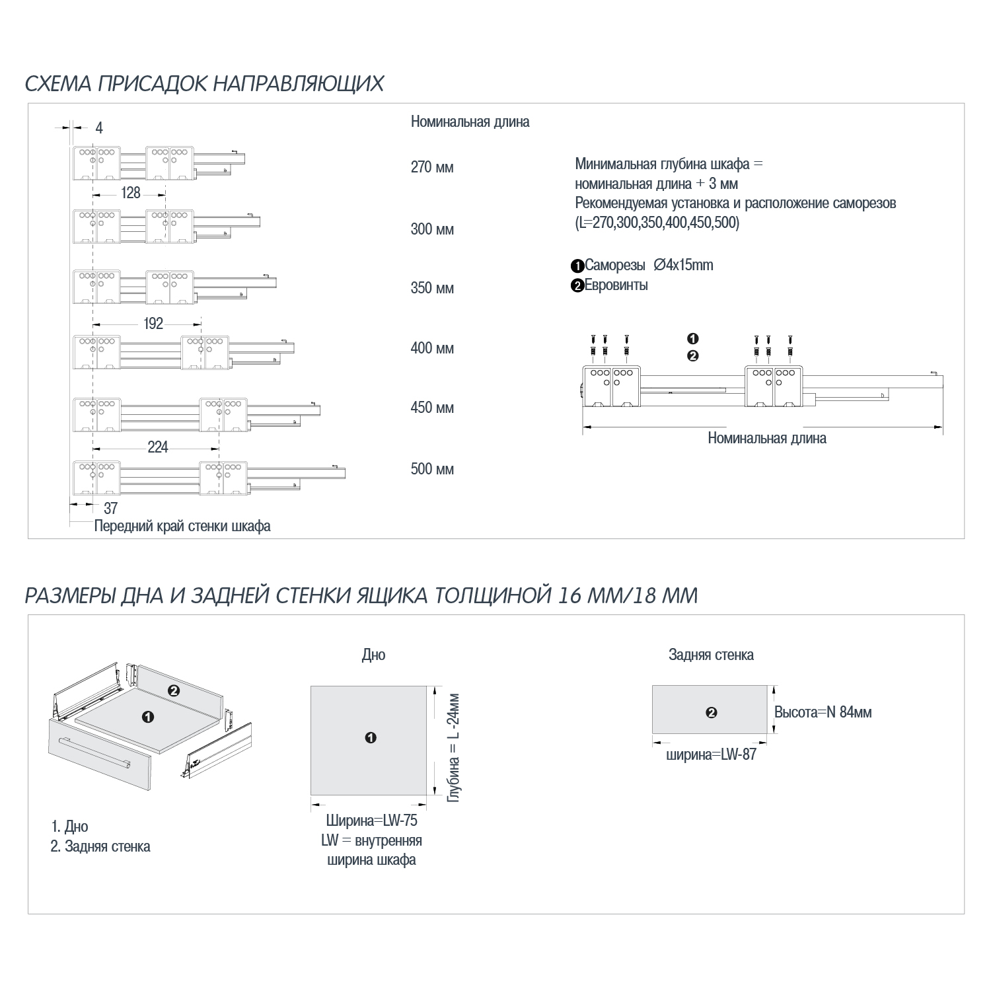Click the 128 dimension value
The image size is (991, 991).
(x=131, y=192)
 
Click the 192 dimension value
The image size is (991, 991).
(x=153, y=323)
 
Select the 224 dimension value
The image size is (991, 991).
(x=158, y=447)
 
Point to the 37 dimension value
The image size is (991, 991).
(x=110, y=507)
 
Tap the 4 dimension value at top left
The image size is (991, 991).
(x=99, y=128)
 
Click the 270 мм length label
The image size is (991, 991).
(x=432, y=167)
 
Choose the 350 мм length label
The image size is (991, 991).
(x=432, y=288)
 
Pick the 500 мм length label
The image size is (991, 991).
(x=432, y=469)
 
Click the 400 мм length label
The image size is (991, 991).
(x=432, y=348)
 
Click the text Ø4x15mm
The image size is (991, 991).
(x=683, y=265)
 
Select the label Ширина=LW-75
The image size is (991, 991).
(x=371, y=821)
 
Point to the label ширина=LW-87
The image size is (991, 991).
(x=711, y=754)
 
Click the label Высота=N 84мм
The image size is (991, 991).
(x=823, y=712)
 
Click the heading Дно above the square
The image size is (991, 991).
(x=373, y=655)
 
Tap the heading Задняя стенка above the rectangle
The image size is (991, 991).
(x=711, y=655)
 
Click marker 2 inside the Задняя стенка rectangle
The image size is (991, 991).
(x=711, y=713)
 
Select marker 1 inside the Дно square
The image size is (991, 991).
(x=371, y=738)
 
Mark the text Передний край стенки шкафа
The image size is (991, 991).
(x=182, y=527)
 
